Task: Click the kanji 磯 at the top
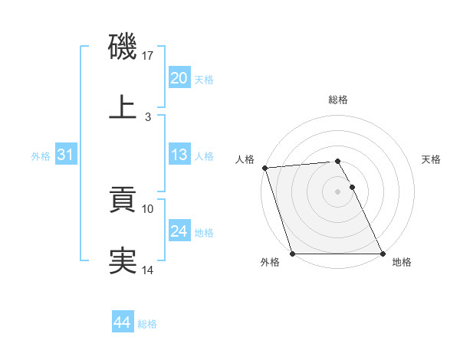(123, 47)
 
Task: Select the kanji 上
(123, 106)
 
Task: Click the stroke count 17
(149, 56)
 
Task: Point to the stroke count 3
(148, 116)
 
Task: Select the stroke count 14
(148, 270)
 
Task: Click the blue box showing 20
(179, 78)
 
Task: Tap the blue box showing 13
(179, 155)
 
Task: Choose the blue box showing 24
(179, 231)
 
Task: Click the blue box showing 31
(66, 155)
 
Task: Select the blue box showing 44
(122, 322)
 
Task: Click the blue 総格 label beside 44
(147, 324)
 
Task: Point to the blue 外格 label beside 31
(41, 156)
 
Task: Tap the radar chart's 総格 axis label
(338, 100)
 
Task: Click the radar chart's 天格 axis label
(432, 159)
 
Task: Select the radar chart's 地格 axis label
(402, 262)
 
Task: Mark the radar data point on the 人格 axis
(264, 169)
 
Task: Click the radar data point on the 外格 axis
(292, 254)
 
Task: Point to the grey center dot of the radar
(338, 191)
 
